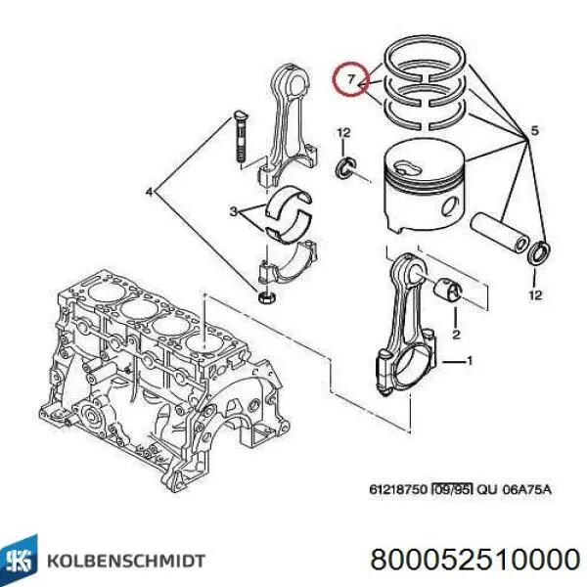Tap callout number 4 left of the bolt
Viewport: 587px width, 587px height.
tap(150, 193)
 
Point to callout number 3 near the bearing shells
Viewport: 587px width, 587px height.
tap(232, 212)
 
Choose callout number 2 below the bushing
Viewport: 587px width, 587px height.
tap(455, 335)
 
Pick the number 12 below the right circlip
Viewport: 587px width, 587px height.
tap(533, 294)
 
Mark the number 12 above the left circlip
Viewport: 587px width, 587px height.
tap(342, 131)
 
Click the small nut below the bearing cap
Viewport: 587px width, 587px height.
tap(267, 296)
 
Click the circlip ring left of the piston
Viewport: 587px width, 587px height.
tap(345, 169)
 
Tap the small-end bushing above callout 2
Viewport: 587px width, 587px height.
tap(455, 292)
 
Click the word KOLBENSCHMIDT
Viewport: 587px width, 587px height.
tap(122, 561)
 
